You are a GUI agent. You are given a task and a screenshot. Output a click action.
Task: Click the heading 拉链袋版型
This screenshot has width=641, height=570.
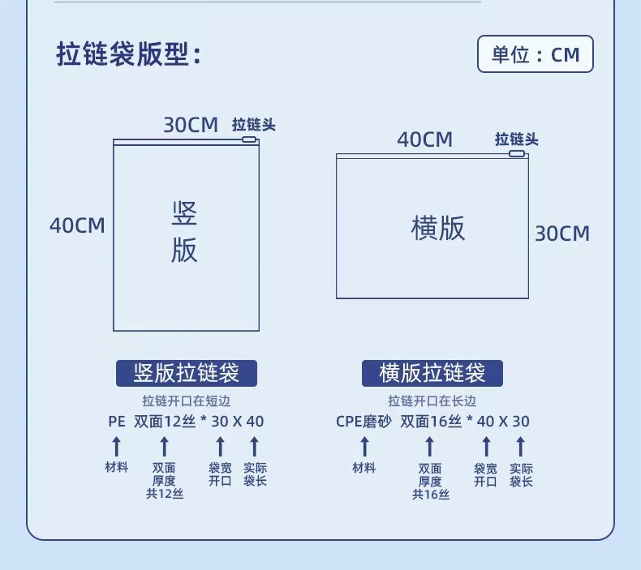(128, 54)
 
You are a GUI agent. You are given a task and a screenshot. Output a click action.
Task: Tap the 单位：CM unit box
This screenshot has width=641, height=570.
(535, 54)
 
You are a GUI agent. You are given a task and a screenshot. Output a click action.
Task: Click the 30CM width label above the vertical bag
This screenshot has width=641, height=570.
(191, 125)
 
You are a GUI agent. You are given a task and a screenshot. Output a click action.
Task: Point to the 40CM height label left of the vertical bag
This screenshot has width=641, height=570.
(77, 225)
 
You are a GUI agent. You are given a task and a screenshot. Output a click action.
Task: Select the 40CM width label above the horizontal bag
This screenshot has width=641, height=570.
(424, 139)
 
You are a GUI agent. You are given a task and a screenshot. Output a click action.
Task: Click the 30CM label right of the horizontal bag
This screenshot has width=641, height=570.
(561, 234)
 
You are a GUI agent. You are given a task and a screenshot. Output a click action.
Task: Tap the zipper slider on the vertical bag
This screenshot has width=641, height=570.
(249, 140)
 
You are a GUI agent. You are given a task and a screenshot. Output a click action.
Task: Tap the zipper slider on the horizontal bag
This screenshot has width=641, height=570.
(516, 153)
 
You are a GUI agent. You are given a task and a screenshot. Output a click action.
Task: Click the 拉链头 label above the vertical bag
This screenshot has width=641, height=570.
(254, 125)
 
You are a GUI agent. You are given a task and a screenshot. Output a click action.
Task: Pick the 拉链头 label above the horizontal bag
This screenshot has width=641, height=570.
(517, 139)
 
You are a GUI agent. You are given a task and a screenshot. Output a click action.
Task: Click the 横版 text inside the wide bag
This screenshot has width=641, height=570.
(438, 229)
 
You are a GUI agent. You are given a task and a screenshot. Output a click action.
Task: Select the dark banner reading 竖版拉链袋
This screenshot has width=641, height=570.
(186, 373)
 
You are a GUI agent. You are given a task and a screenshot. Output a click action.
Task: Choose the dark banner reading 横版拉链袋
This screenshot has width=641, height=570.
(432, 373)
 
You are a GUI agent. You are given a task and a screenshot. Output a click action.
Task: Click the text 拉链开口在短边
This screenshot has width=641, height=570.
(186, 401)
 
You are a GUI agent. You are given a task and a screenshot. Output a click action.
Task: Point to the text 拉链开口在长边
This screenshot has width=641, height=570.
(432, 401)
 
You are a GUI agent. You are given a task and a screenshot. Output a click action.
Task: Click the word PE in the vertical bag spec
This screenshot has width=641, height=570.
(116, 422)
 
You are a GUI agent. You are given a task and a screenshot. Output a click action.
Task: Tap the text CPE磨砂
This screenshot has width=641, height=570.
(364, 422)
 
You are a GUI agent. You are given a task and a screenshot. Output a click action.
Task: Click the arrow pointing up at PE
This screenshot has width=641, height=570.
(116, 446)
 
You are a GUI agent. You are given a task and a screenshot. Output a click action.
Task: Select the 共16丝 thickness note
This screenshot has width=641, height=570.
(430, 494)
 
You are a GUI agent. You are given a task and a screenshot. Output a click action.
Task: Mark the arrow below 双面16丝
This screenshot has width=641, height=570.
(430, 446)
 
